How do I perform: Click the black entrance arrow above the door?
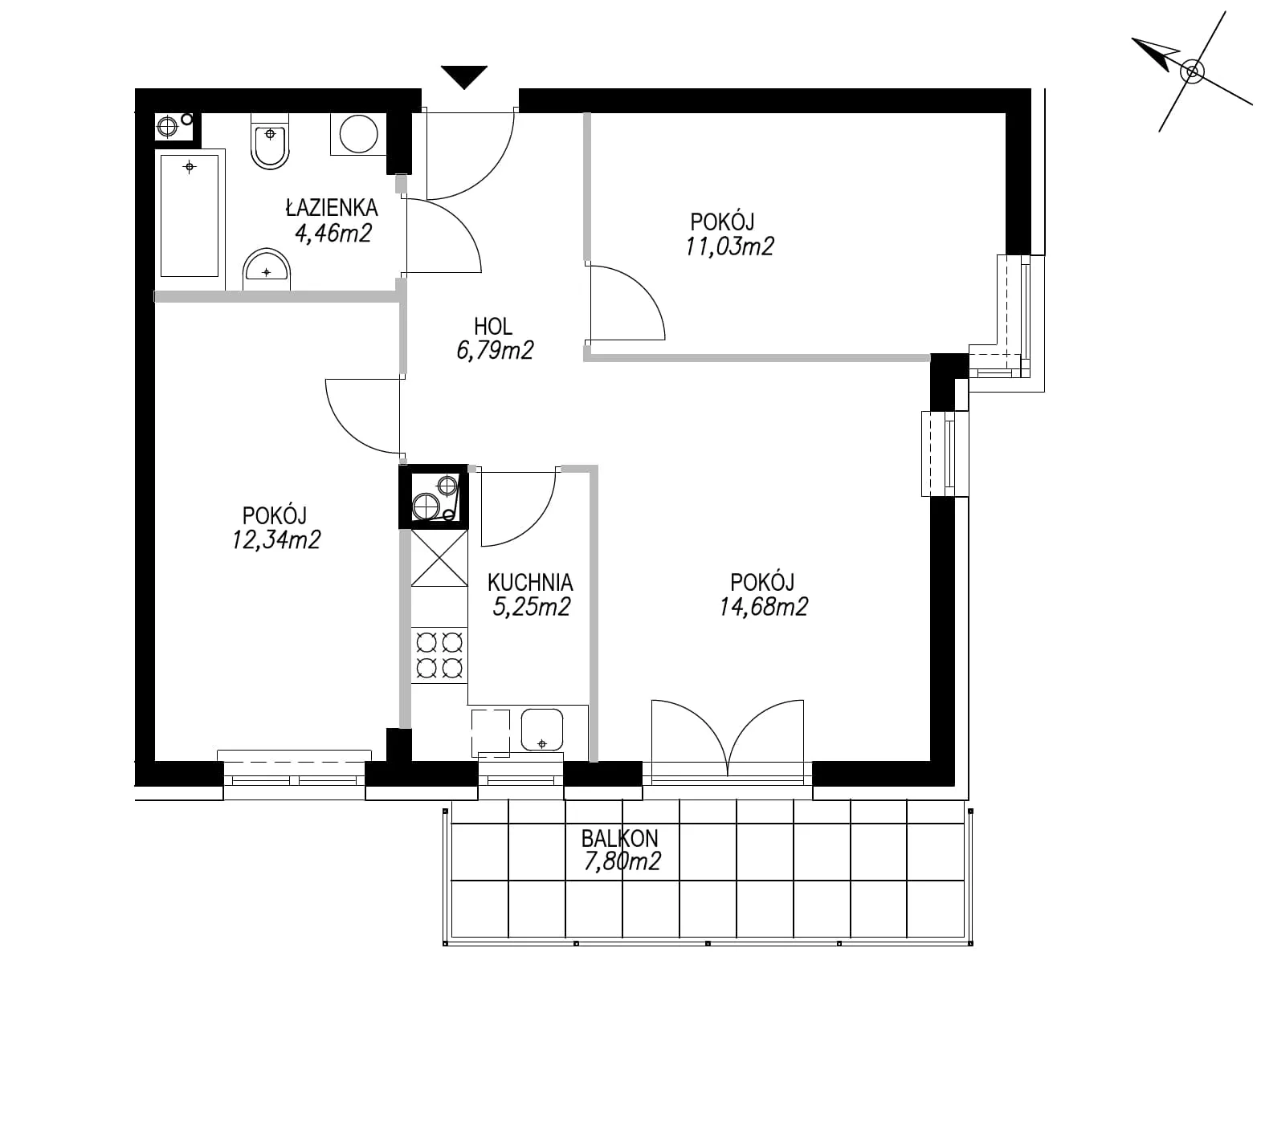pos(464,77)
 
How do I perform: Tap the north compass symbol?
pos(1192,71)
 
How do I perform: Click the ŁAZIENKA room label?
pos(332,207)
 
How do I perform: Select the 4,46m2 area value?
pos(333,233)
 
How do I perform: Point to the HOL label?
pos(493,326)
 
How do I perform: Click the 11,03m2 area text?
pos(729,246)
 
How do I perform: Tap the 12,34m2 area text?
pos(276,539)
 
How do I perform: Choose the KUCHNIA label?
pos(530,581)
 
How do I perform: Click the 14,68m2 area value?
pos(763,606)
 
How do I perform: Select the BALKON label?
pos(620,838)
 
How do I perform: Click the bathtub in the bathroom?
pos(190,214)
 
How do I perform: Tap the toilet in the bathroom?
pos(271,140)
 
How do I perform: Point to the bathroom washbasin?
pos(266,268)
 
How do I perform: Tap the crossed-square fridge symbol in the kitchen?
pos(439,558)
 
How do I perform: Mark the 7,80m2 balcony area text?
pos(622,862)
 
